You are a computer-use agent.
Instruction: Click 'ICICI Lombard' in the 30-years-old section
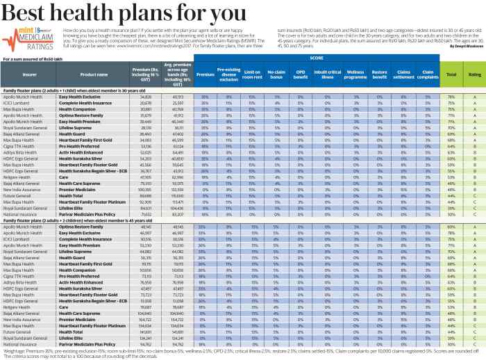19,122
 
